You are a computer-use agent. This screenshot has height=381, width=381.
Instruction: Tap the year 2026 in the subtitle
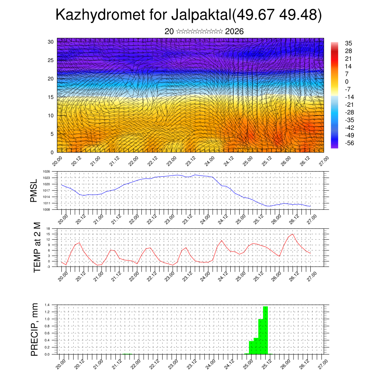[x=234, y=32]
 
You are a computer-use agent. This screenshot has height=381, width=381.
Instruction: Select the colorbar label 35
[x=349, y=43]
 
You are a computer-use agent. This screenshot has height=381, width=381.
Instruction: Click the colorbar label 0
[x=347, y=81]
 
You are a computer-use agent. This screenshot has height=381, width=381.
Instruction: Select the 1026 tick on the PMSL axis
[x=46, y=172]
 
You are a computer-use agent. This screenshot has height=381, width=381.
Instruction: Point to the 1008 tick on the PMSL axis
[x=46, y=209]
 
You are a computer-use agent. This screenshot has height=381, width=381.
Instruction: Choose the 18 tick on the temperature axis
[x=48, y=228]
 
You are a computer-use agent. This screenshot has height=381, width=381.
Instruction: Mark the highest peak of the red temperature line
[x=292, y=234]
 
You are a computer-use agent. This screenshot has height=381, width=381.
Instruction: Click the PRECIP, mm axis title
[x=35, y=329]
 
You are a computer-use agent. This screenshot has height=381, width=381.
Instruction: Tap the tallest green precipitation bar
[x=265, y=329]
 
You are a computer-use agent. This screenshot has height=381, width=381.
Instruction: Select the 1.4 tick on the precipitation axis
[x=47, y=305]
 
